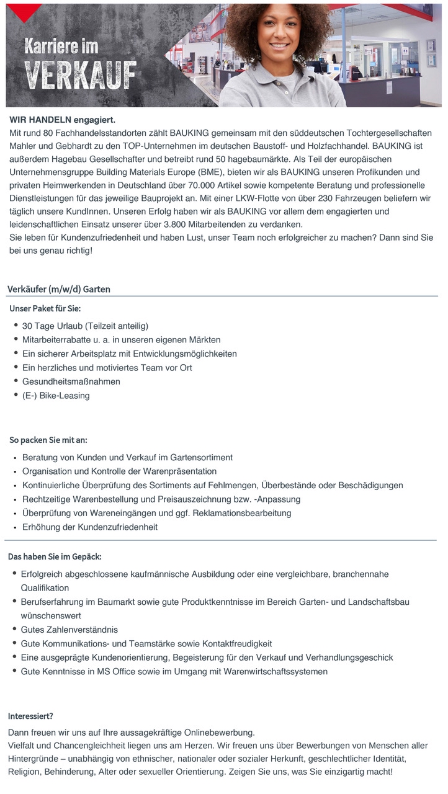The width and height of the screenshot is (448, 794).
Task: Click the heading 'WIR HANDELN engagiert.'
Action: coord(63,120)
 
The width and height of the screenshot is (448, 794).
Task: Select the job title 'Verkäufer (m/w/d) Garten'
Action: coord(59,289)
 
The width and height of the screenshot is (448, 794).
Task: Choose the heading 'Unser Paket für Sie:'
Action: coord(45,308)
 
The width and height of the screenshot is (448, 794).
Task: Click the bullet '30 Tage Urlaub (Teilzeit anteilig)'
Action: coord(85,326)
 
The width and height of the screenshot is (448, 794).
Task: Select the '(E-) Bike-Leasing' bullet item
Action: coord(56,395)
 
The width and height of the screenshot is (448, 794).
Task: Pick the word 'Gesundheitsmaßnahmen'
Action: coord(71,381)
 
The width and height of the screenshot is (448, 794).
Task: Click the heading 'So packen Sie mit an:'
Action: coord(48,440)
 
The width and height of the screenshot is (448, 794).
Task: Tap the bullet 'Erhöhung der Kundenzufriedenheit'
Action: coord(90,527)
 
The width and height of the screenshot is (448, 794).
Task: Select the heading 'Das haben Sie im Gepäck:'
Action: coord(55,556)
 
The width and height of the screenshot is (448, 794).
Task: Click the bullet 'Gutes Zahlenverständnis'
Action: coord(69,630)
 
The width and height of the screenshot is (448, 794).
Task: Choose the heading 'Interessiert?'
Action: coord(30,716)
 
